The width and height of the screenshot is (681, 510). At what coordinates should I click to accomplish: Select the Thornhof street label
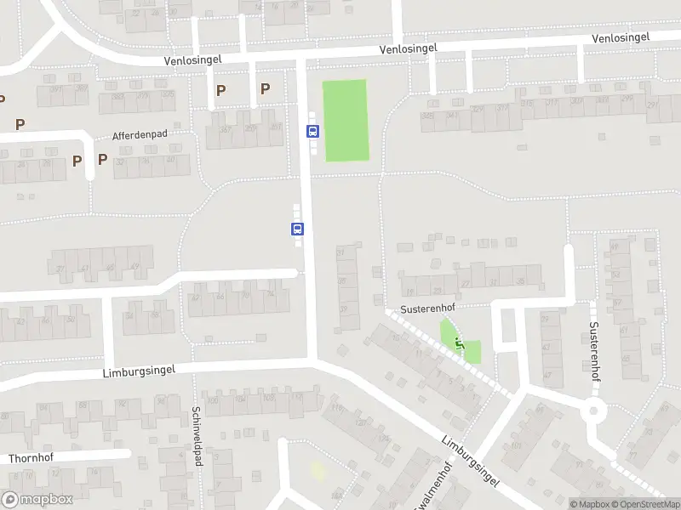pyautogui.click(x=31, y=458)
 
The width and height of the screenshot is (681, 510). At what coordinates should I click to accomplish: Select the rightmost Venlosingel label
pyautogui.click(x=621, y=37)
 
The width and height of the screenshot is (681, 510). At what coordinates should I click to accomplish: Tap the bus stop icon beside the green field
pyautogui.click(x=312, y=131)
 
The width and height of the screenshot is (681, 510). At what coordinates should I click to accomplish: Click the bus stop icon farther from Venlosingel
pyautogui.click(x=298, y=229)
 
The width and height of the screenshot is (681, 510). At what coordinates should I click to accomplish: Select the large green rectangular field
pyautogui.click(x=346, y=120)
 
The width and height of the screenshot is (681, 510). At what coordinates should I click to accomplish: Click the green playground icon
pyautogui.click(x=461, y=343)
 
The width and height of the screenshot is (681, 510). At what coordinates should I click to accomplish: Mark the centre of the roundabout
pyautogui.click(x=592, y=411)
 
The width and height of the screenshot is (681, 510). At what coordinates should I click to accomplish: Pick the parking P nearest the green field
pyautogui.click(x=265, y=88)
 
